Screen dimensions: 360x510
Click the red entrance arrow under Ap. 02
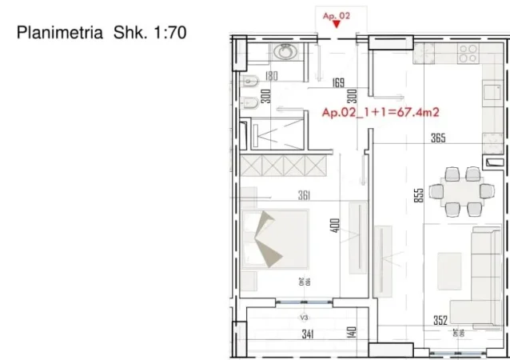[x=337, y=25]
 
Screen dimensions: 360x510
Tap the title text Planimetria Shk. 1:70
[x=102, y=33]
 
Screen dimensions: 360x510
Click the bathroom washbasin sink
[x=285, y=52]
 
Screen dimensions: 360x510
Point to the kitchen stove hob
[x=468, y=54]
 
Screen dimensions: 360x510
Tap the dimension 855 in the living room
[x=418, y=197]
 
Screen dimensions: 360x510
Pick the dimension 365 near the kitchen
[x=437, y=138]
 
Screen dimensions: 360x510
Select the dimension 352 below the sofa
[x=440, y=322]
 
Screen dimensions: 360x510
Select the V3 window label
[x=304, y=317]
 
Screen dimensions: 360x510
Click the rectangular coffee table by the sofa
[x=448, y=270]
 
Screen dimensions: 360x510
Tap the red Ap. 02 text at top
[x=337, y=14]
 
